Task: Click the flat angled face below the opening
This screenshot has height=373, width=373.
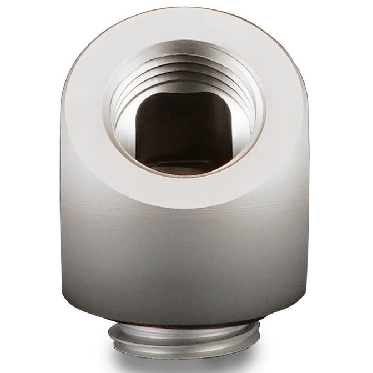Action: [186, 191]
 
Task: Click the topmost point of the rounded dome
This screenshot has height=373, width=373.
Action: [186, 8]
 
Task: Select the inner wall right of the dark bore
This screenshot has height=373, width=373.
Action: [244, 128]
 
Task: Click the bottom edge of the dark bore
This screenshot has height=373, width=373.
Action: [184, 162]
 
